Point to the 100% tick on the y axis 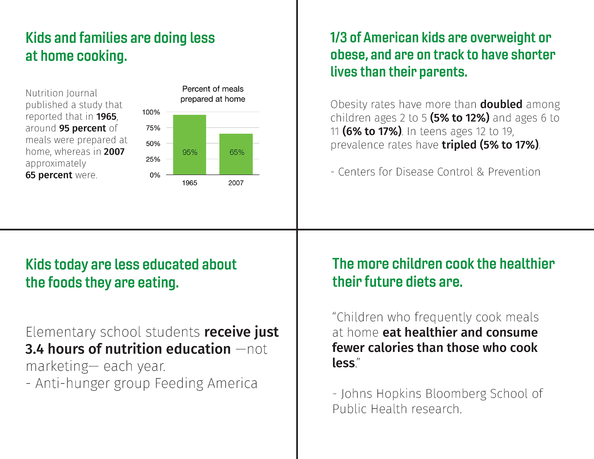point(151,112)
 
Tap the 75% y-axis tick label point(153,128)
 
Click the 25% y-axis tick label point(153,159)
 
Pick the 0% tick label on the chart point(155,175)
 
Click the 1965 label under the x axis point(189,183)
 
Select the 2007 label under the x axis point(236,183)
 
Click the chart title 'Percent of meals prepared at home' point(213,94)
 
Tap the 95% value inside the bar point(190,152)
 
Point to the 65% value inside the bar point(237,152)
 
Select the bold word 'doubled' point(501,104)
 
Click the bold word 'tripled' point(459,145)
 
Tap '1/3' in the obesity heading point(338,38)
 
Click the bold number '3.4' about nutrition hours point(35,349)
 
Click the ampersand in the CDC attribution point(480,172)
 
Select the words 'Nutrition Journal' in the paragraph point(61,93)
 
